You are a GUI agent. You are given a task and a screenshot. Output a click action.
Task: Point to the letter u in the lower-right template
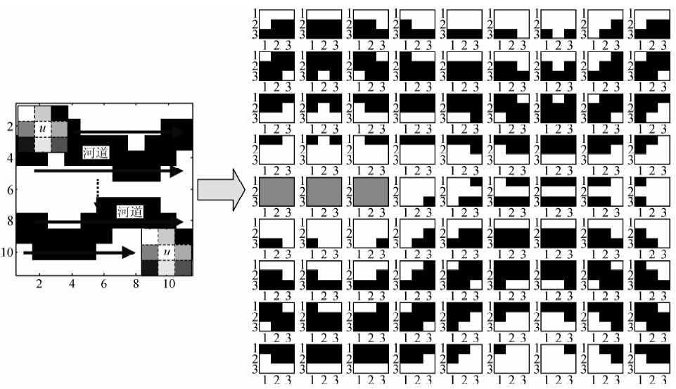[x=167, y=251]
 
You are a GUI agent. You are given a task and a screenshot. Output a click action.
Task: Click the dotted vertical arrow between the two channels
[x=97, y=192]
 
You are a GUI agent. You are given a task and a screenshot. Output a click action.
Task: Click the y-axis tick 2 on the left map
[x=9, y=127]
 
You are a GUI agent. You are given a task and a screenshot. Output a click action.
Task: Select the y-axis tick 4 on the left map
[x=9, y=158]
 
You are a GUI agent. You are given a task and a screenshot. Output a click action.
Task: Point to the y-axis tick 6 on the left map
[x=9, y=190]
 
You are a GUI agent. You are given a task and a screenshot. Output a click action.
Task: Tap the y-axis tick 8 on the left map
[x=9, y=221]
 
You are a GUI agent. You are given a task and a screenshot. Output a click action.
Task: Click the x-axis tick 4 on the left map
[x=72, y=284]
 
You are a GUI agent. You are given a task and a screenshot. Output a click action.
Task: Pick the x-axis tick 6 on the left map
[x=103, y=284]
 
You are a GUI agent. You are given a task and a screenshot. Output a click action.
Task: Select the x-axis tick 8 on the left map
[x=135, y=284]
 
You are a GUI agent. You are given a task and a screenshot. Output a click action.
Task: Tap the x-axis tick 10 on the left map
[x=167, y=284]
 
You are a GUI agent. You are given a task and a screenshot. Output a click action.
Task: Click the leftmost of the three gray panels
[x=276, y=192]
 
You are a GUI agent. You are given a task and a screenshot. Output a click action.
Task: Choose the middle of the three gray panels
[x=324, y=192]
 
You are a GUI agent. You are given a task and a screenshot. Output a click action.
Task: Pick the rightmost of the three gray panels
[x=371, y=192]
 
